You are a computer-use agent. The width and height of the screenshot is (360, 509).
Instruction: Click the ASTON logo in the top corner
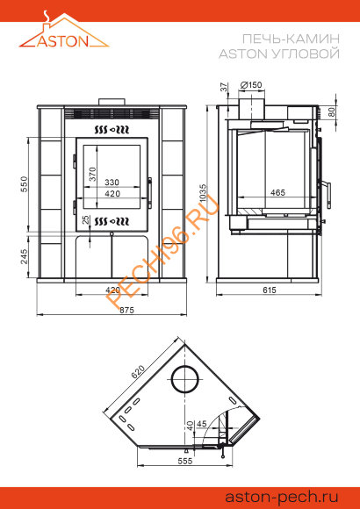[64, 30]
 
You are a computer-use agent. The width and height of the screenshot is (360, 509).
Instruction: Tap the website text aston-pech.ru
[281, 497]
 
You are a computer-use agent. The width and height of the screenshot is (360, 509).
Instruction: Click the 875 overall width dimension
[127, 310]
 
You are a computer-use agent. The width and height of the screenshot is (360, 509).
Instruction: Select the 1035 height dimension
[203, 193]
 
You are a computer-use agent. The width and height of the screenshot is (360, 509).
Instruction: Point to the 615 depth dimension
[270, 290]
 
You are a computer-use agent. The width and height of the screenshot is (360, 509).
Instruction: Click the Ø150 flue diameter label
[251, 85]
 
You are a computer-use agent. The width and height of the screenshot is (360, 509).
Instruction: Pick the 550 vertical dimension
[25, 184]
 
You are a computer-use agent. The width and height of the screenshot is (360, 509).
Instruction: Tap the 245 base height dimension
[25, 256]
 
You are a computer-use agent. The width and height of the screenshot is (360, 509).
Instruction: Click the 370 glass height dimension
[93, 174]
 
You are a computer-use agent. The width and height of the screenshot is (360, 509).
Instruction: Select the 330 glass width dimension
[112, 183]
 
